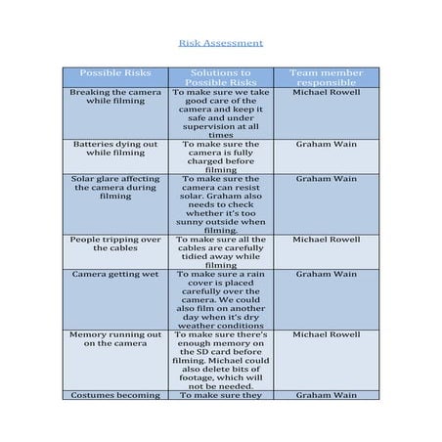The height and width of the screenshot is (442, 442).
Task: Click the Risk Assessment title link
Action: click(x=220, y=44)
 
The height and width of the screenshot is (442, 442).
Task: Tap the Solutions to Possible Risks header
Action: click(x=221, y=77)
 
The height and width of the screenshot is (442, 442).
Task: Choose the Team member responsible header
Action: click(x=327, y=77)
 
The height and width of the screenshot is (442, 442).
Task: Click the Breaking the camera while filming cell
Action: click(x=115, y=96)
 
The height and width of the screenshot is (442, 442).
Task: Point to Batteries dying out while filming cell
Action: click(x=115, y=148)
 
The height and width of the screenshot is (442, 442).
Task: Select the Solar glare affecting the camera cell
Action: click(x=115, y=187)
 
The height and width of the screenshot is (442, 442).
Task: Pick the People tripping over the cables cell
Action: click(x=115, y=243)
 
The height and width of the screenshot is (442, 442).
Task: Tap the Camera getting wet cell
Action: click(x=115, y=275)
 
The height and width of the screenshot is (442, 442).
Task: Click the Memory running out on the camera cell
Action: click(x=115, y=338)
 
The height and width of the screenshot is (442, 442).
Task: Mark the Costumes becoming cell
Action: click(x=115, y=395)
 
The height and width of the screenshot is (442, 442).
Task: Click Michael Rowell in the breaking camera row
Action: click(x=327, y=92)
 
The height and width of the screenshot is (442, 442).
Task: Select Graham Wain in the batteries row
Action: click(x=327, y=143)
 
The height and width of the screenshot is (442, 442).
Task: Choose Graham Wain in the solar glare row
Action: click(x=327, y=179)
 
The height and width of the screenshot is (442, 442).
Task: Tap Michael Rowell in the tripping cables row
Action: click(x=327, y=239)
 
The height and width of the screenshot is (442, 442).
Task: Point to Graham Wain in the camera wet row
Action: click(x=327, y=275)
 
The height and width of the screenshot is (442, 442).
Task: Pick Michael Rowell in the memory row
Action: click(x=327, y=333)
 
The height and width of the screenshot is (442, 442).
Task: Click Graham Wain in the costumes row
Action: click(x=327, y=395)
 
